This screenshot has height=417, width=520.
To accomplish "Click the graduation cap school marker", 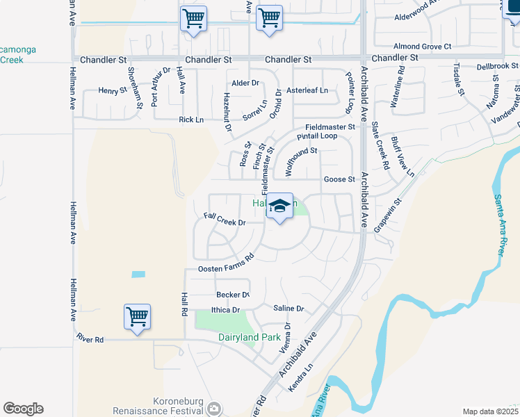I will pyautogui.click(x=279, y=206).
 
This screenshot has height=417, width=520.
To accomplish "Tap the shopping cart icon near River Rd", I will pyautogui.click(x=138, y=317).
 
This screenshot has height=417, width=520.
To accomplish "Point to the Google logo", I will pyautogui.click(x=23, y=409).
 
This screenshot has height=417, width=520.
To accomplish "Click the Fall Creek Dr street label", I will pyautogui.click(x=225, y=220).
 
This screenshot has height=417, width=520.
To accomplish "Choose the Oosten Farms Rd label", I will pyautogui.click(x=225, y=263).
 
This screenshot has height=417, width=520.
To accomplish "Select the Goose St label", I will pyautogui.click(x=339, y=179).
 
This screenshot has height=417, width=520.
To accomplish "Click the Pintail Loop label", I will pyautogui.click(x=317, y=136).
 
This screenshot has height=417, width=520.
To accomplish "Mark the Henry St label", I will pyautogui.click(x=113, y=90).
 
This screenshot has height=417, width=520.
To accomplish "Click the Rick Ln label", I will pyautogui.click(x=191, y=120).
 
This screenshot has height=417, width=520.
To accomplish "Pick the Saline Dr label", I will pyautogui.click(x=289, y=308).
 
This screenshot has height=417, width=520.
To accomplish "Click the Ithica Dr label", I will pyautogui.click(x=225, y=310).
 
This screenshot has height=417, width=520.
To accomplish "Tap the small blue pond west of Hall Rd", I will pyautogui.click(x=138, y=275).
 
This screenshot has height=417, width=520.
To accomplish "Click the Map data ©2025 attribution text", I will pyautogui.click(x=490, y=411).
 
